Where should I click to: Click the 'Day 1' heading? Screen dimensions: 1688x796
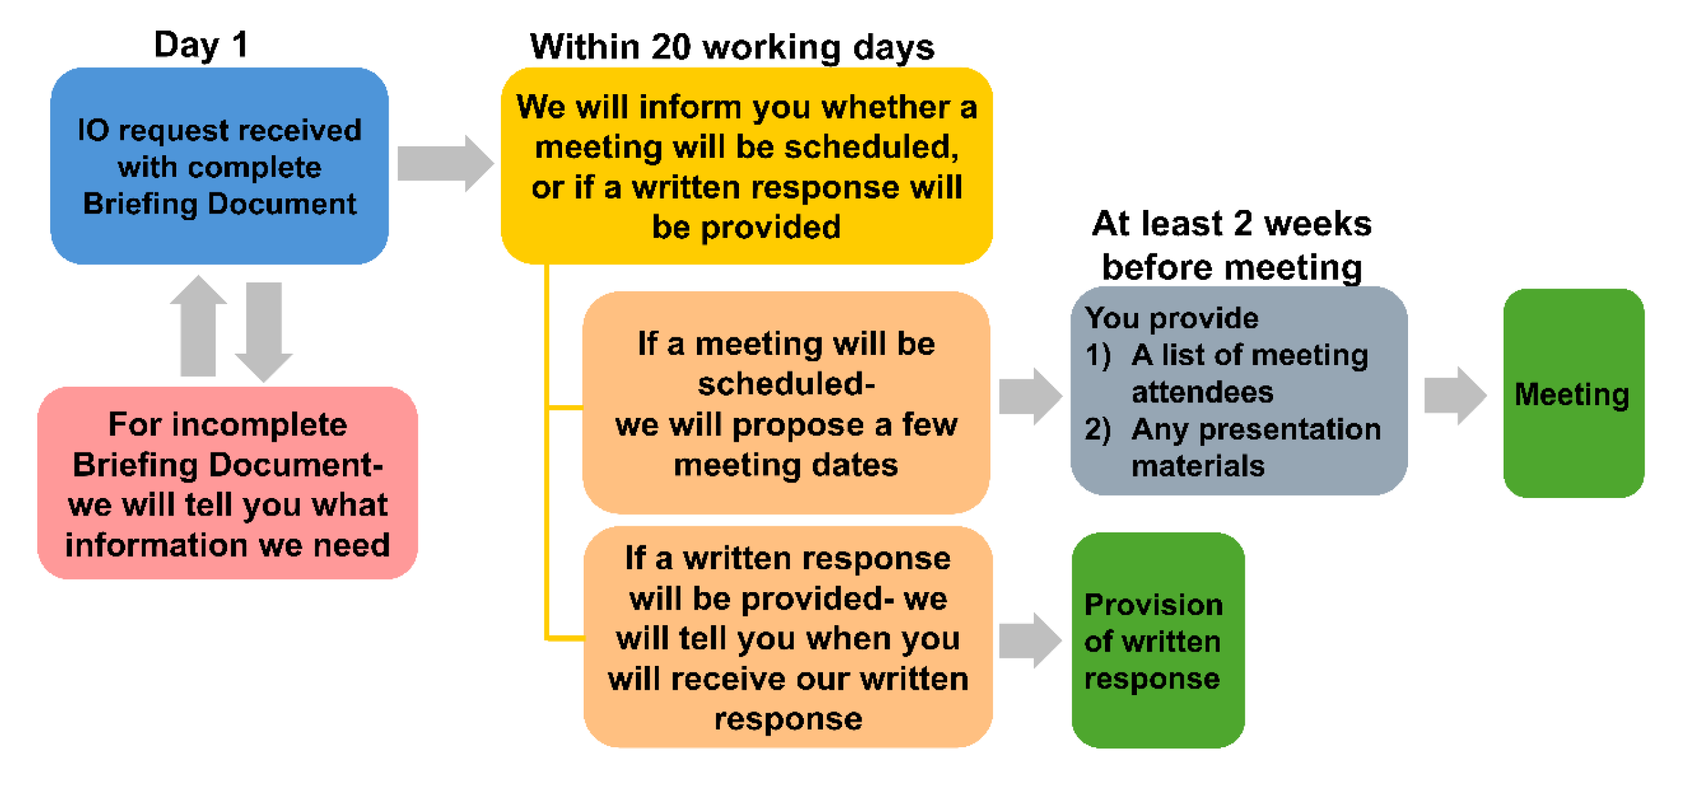[x=201, y=45]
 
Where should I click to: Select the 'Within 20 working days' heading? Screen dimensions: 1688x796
[x=732, y=47]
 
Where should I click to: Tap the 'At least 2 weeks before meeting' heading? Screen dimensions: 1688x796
[x=1232, y=245]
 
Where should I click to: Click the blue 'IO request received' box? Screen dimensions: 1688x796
[x=220, y=166]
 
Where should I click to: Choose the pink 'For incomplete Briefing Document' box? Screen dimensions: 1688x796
[x=228, y=483]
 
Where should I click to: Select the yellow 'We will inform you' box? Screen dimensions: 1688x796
[x=747, y=166]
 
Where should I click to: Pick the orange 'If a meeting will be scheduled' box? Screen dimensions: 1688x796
[x=786, y=403]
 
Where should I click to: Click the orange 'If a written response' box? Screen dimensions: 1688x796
[x=788, y=637]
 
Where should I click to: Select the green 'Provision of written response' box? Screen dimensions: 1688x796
[x=1158, y=640]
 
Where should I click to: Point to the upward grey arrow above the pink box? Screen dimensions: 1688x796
[x=198, y=325]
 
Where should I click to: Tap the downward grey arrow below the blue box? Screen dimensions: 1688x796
[x=264, y=332]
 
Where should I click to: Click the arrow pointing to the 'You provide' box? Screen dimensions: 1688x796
[x=1030, y=396]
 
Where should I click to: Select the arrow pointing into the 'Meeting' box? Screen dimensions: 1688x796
[x=1455, y=396]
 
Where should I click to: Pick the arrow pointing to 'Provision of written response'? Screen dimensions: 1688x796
[x=1030, y=640]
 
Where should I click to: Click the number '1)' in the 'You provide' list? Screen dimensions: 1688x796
[x=1098, y=355]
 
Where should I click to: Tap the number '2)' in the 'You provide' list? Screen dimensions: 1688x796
[x=1098, y=430]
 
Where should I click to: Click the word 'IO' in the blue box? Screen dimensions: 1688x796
[x=94, y=130]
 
